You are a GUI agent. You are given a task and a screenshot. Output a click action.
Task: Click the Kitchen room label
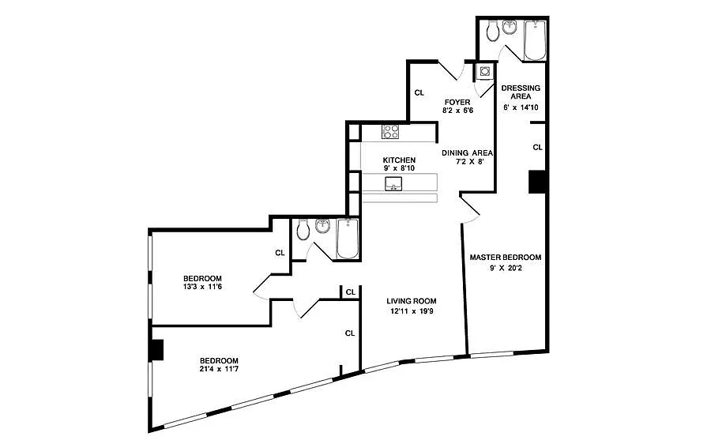399,160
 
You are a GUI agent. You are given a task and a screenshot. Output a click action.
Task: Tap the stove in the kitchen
390,131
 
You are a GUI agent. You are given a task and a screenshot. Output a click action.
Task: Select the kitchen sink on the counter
393,184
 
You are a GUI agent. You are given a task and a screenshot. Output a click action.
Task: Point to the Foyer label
457,102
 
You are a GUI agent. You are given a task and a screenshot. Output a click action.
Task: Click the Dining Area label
467,152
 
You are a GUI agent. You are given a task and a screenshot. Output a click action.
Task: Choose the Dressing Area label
521,92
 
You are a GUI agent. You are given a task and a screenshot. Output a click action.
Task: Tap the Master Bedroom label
506,257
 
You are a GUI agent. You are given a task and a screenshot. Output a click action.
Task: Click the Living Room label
412,301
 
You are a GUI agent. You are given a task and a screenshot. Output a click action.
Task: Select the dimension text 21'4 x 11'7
220,369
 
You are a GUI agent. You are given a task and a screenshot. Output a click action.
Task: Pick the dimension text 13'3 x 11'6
202,287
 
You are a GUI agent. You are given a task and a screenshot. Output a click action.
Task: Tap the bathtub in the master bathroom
535,40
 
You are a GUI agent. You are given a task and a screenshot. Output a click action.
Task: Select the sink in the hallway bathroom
323,225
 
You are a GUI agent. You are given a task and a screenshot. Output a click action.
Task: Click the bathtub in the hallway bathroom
348,239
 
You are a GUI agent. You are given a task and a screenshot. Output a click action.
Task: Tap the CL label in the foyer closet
419,92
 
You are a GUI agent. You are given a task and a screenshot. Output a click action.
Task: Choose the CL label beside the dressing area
537,148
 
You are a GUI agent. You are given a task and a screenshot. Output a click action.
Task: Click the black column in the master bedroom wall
538,182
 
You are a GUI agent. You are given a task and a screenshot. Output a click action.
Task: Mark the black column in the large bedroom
157,350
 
